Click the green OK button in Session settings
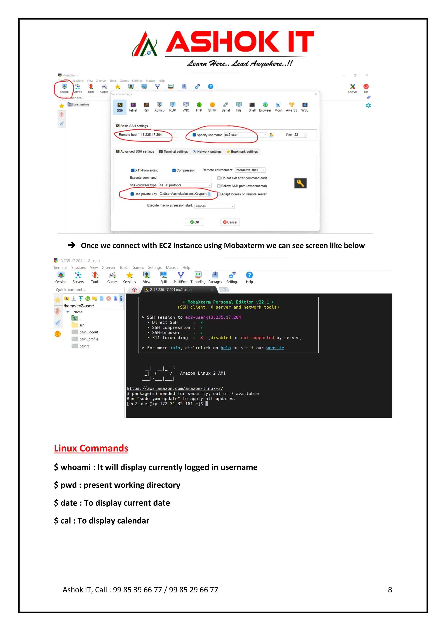pos(195,222)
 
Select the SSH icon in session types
pos(120,107)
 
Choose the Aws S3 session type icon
pos(291,107)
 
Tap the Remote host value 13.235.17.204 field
pos(151,135)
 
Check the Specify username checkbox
pos(194,135)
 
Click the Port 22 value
pos(296,135)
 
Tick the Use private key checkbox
pos(132,194)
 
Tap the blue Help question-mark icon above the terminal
pos(249,275)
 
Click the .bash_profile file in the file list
pos(88,339)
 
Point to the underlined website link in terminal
pos(275,348)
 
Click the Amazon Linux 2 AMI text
pos(203,373)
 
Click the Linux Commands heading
pos(91,448)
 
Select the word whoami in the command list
pos(76,467)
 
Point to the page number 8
pos(390,590)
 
